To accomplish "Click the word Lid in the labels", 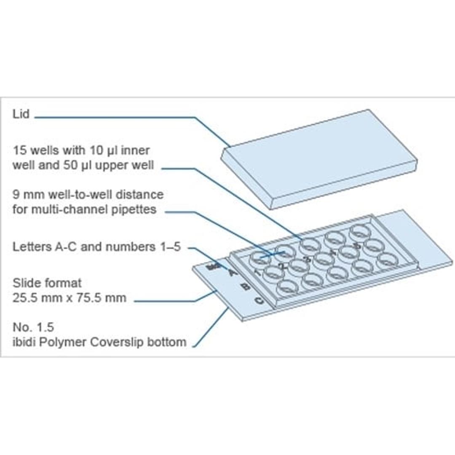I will coord(21,114).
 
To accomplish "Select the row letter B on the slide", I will coord(245,287).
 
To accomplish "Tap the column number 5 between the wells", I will coord(357,245).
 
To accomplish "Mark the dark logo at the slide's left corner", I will coord(211,267).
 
